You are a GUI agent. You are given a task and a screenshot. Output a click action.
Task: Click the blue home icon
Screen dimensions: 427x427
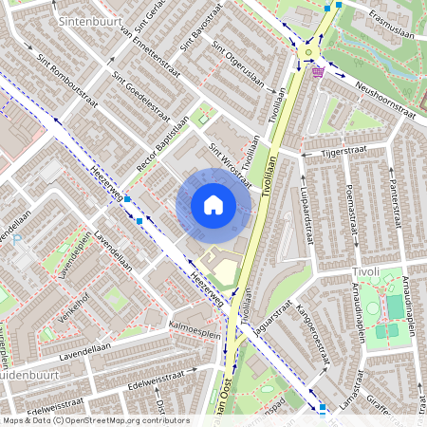coord(213,205)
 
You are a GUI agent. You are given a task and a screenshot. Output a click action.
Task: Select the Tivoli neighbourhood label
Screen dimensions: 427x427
coord(364,271)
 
